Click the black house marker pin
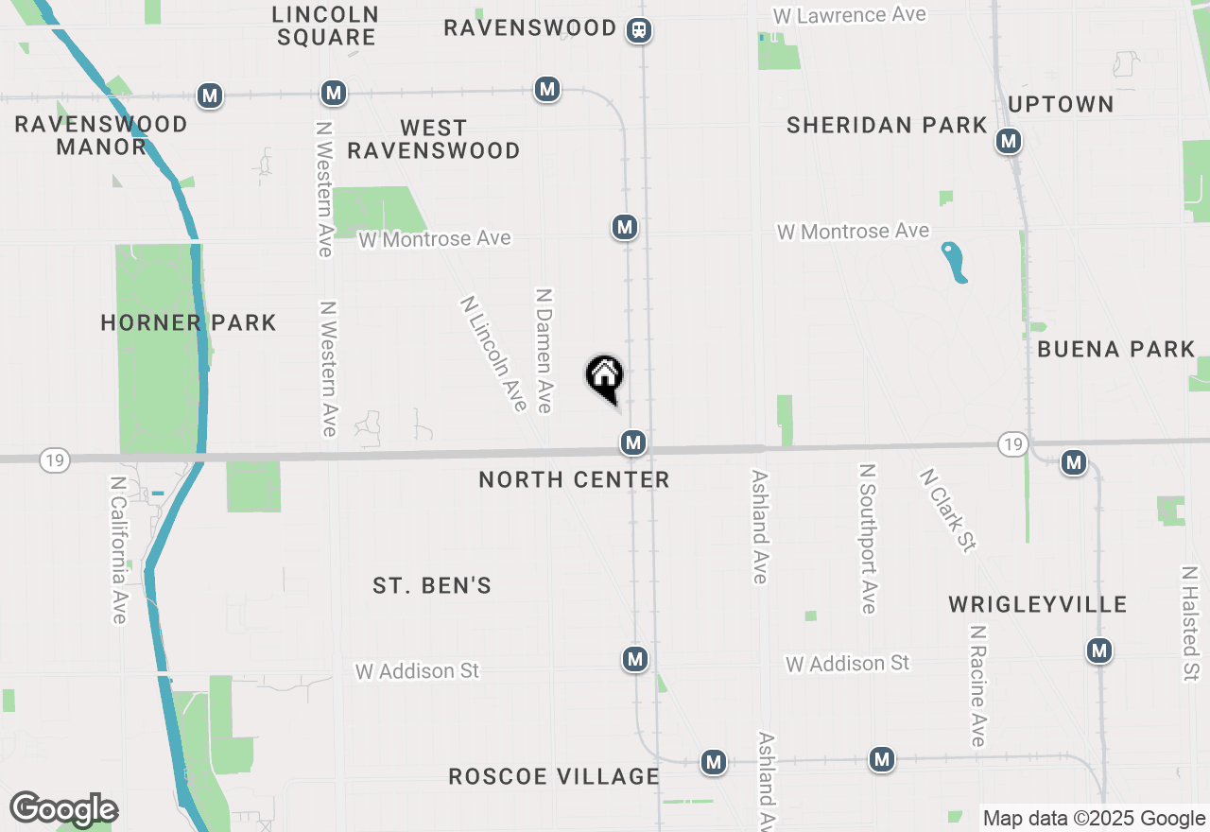point(605,377)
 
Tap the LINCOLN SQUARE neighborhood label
point(326,26)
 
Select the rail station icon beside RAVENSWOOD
point(640,30)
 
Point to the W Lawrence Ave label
point(849,15)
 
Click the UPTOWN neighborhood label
point(1061,104)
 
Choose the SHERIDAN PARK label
point(887,125)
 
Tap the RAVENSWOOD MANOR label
point(101,135)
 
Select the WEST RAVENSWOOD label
point(434,139)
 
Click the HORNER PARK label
point(188,322)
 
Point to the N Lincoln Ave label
point(493,354)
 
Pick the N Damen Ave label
point(543,351)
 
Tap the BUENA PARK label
point(1116,349)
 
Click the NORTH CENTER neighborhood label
point(574,479)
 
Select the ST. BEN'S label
point(432,585)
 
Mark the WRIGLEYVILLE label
point(1038,604)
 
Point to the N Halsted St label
point(1189,624)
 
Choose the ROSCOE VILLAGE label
point(553,776)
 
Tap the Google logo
point(63,809)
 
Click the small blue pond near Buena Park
point(955,262)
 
